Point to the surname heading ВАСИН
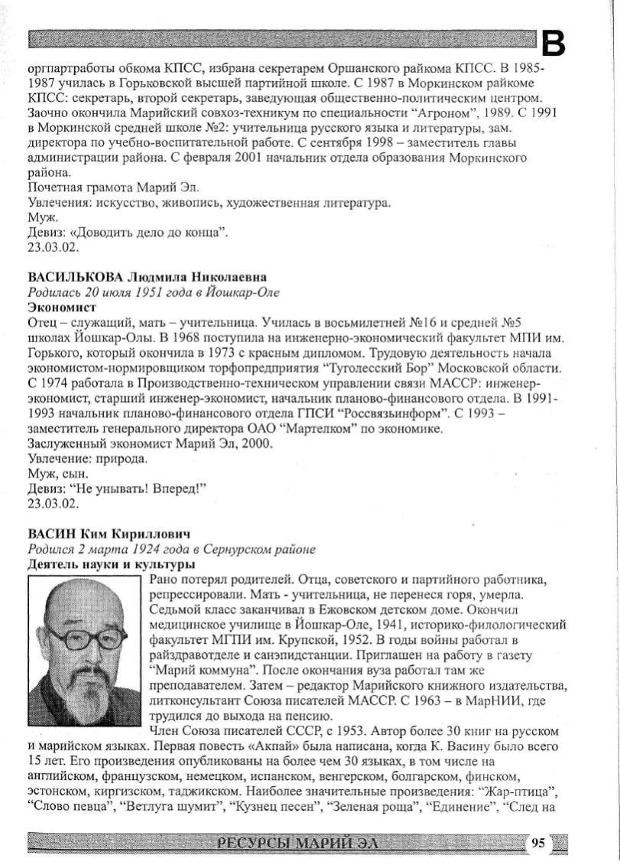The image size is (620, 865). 50,533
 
